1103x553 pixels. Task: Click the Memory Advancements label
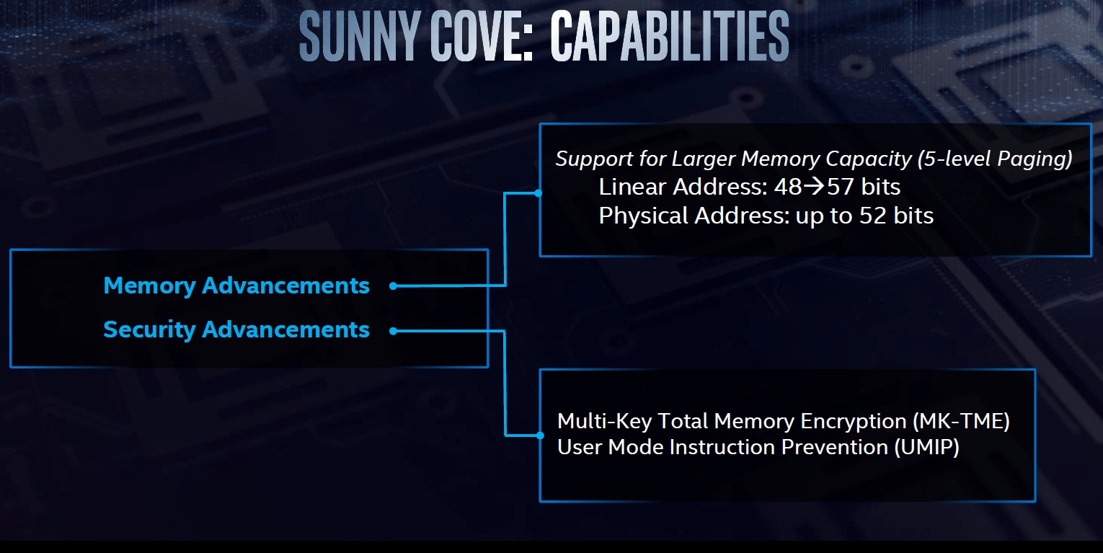click(236, 286)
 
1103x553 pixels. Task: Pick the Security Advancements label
click(236, 329)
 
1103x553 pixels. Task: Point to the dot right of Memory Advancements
click(393, 286)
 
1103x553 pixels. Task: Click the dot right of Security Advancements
click(393, 331)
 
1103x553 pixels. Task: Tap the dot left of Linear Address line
click(539, 193)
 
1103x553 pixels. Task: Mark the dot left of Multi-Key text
click(540, 435)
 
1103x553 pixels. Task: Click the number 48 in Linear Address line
click(787, 187)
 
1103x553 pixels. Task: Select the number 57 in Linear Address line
click(840, 187)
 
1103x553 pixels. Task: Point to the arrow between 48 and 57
click(813, 187)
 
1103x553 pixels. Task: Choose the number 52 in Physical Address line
click(873, 216)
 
